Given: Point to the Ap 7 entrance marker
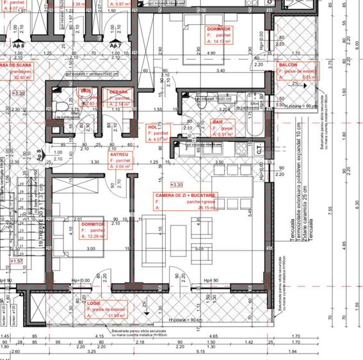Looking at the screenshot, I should pyautogui.click(x=115, y=46).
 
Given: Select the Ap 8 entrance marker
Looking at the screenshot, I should pyautogui.click(x=38, y=154).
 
